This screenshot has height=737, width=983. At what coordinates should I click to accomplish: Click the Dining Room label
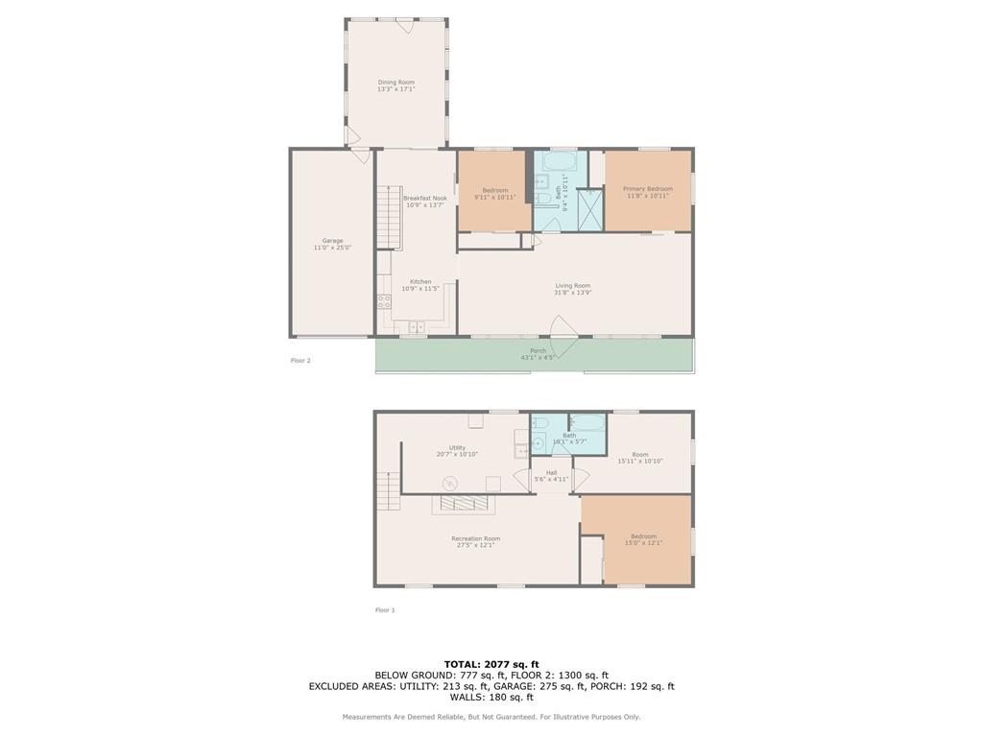pos(396,83)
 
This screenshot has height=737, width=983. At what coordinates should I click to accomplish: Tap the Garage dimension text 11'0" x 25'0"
pos(332,248)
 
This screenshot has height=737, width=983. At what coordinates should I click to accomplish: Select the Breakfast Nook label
pos(425,198)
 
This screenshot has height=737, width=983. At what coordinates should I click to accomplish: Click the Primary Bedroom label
pos(647,189)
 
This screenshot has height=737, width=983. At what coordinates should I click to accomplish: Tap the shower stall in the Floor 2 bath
pos(589,210)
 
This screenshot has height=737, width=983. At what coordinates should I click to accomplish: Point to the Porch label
pos(538,350)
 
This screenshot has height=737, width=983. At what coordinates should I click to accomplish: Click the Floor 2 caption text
pos(300,361)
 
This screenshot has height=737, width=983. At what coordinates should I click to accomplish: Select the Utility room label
pos(457,447)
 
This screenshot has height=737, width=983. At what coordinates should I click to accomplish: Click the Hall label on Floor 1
pos(551,472)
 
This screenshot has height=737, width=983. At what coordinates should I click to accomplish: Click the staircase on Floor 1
pos(388,490)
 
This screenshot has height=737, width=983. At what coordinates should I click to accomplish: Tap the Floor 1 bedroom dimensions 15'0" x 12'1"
pos(643,544)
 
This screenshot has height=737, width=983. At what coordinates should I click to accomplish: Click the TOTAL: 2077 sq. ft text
pos(491,664)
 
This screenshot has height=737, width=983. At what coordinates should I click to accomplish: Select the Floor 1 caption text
pos(385,610)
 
